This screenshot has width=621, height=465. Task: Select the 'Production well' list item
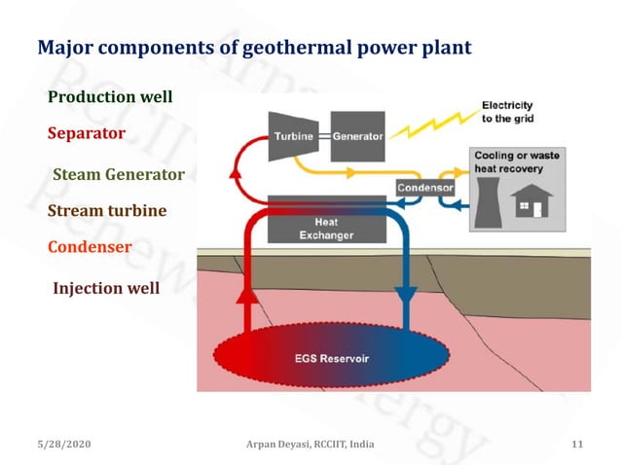[110, 96]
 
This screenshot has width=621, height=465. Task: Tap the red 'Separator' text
[87, 132]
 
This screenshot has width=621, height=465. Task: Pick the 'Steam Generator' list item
[118, 175]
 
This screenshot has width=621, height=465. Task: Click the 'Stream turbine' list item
[107, 211]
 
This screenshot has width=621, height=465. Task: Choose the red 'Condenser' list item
[90, 247]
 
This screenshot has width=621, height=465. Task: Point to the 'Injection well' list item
[105, 288]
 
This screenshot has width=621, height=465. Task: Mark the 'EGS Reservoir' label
[332, 358]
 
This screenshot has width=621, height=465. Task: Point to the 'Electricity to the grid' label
[507, 112]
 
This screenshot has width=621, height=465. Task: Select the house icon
[531, 204]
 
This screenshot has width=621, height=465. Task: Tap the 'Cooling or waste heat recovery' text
[516, 162]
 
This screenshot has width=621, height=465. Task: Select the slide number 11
[577, 444]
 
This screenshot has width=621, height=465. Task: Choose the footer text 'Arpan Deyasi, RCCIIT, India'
[310, 444]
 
